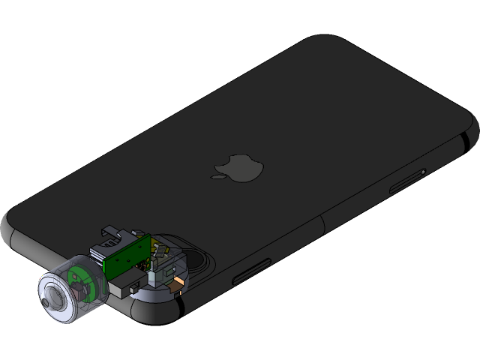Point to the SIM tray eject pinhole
[x=424, y=172]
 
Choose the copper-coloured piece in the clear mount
[x=177, y=283]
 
